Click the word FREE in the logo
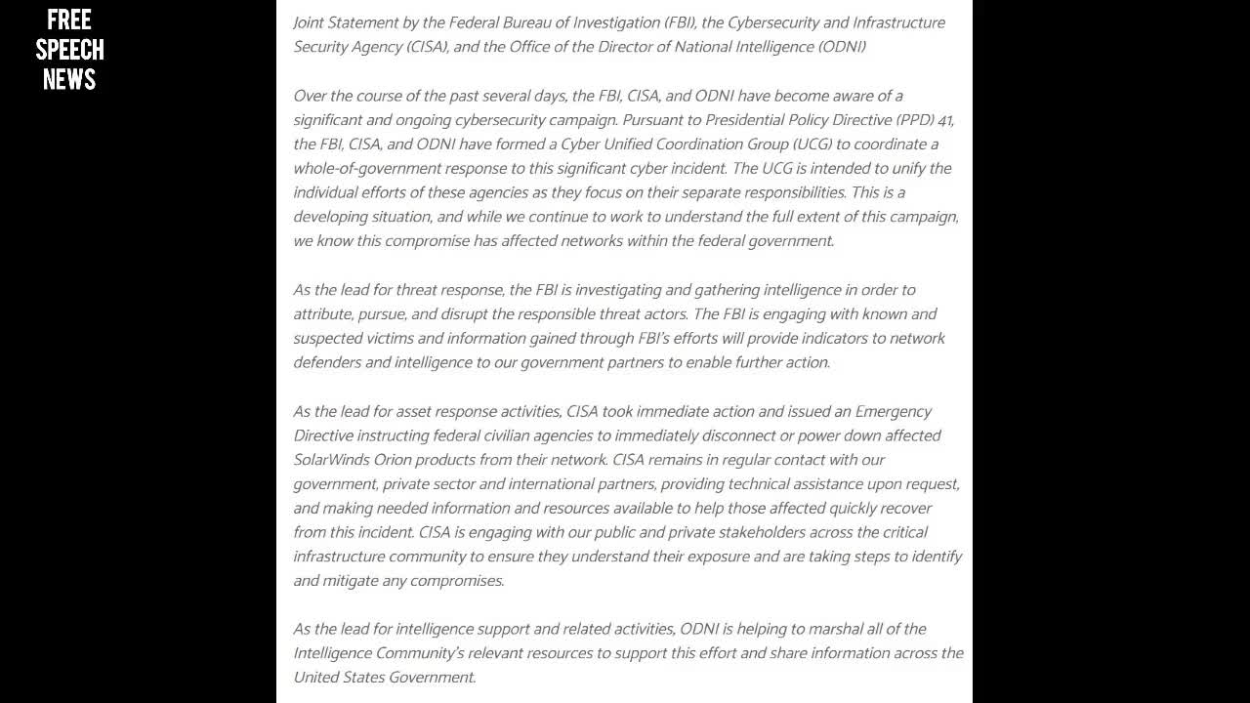click(69, 20)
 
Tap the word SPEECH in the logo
click(69, 49)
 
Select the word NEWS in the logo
click(69, 78)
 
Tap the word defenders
click(329, 362)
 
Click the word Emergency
click(893, 411)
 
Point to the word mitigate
click(354, 581)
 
